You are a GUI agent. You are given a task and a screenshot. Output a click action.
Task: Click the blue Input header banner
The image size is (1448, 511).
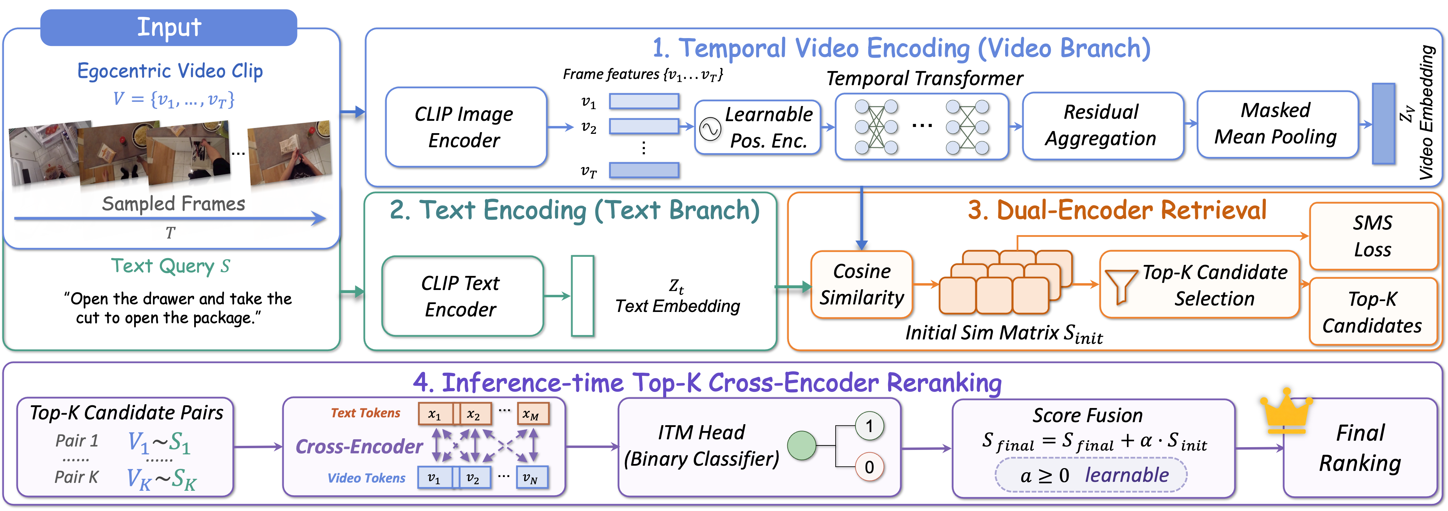click(169, 27)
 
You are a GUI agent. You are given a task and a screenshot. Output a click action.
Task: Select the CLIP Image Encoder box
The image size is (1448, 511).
click(466, 127)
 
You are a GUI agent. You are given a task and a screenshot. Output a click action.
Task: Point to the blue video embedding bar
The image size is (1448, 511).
click(1384, 124)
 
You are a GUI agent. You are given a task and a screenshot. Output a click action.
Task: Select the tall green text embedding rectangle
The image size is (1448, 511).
click(582, 296)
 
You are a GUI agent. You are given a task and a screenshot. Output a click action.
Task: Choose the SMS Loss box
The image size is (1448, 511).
click(1373, 236)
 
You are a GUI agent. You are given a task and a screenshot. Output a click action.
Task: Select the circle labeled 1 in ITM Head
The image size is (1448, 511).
click(869, 426)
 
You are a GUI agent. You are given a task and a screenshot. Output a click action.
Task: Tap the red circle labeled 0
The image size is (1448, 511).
click(869, 467)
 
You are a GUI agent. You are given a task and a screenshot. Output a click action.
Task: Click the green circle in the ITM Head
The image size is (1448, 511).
click(802, 446)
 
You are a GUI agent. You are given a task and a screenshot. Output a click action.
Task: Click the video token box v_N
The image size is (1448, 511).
click(531, 477)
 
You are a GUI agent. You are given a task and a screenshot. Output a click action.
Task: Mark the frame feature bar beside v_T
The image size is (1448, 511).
click(644, 170)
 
